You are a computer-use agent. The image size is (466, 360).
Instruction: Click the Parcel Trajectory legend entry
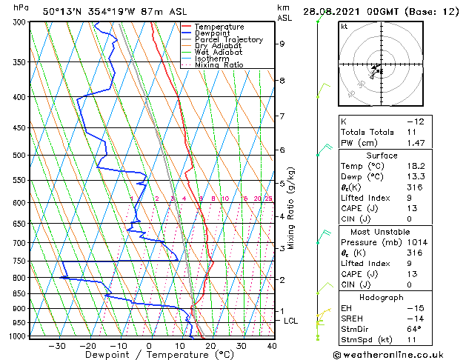pyautogui.click(x=228, y=39)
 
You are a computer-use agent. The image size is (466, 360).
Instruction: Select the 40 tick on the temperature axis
pyautogui.click(x=272, y=345)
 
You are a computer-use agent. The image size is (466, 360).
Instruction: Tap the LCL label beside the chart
pyautogui.click(x=291, y=321)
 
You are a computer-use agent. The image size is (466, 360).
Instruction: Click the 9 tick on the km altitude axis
pyautogui.click(x=282, y=44)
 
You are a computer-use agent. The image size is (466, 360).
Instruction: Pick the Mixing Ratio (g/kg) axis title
pyautogui.click(x=292, y=208)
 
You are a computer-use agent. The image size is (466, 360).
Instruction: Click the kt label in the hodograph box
pyautogui.click(x=344, y=26)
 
